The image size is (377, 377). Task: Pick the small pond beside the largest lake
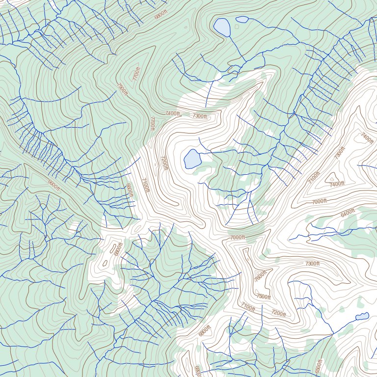point(242,20)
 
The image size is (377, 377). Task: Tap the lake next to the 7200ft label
point(192,159)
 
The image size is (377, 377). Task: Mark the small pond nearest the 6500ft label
point(362,316)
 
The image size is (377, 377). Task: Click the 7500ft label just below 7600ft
point(264,296)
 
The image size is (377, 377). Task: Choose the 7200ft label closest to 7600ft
point(278,313)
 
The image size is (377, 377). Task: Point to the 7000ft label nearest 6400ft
point(319,201)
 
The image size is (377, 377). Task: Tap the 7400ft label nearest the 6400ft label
point(337,184)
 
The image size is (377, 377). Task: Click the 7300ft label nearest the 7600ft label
point(312,264)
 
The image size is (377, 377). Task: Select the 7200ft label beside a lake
point(164,163)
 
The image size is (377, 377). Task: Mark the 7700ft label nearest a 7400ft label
point(152,123)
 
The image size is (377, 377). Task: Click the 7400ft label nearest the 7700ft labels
point(173,113)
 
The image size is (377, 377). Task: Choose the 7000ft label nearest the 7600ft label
point(237,238)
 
